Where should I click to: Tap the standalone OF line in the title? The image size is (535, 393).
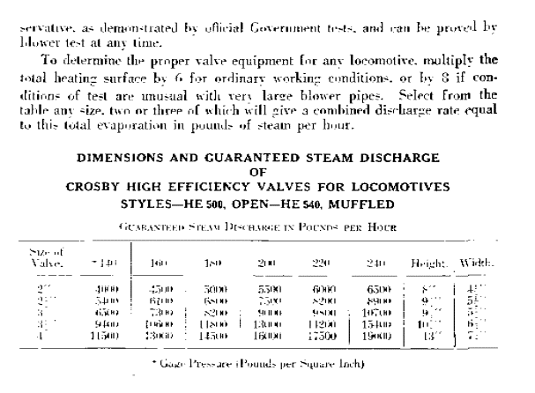click(256, 172)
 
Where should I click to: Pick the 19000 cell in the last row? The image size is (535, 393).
click(378, 336)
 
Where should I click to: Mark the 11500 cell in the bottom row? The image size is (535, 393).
click(104, 336)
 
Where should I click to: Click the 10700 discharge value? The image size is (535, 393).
click(378, 312)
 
